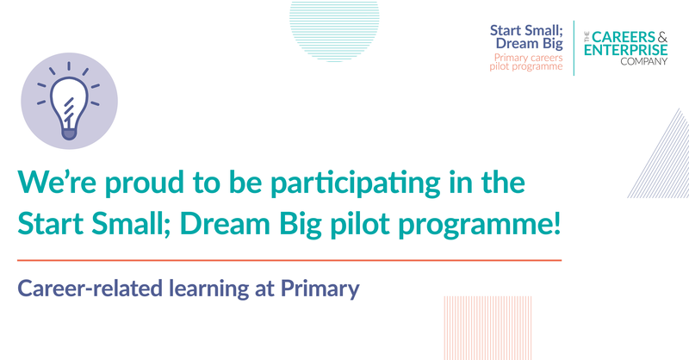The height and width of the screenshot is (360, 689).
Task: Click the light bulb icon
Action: [69, 101]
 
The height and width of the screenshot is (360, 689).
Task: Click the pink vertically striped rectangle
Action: [487, 328]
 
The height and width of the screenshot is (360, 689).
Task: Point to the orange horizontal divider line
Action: [289, 260]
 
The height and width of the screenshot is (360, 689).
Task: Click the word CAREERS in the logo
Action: [624, 37]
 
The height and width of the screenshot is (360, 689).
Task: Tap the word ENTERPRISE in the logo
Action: [626, 50]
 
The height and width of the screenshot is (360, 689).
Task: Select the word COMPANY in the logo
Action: [643, 61]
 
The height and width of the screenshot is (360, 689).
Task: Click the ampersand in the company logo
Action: [662, 37]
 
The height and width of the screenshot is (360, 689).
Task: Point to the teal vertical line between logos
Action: [574, 48]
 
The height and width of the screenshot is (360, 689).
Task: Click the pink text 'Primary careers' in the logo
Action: [528, 58]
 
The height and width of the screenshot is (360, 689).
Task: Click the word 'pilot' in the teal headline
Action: [360, 225]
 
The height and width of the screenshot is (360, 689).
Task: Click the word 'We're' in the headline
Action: [57, 182]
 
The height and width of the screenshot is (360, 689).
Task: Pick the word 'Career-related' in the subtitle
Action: [90, 289]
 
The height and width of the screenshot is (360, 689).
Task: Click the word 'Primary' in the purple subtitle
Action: [320, 289]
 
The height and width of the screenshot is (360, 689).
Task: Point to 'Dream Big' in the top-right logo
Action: [530, 44]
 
